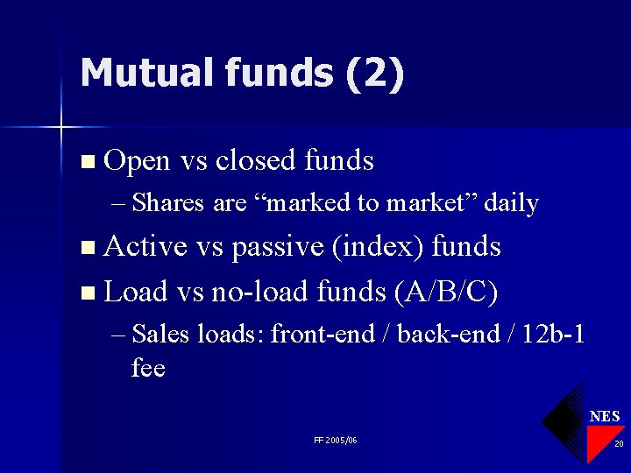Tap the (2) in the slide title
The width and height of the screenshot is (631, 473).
(x=374, y=74)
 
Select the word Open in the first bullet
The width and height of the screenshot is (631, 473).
(x=137, y=161)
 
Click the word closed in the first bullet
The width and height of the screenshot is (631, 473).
(x=256, y=161)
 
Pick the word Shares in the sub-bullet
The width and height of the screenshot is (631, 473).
(x=171, y=203)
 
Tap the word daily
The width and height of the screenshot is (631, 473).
(x=511, y=203)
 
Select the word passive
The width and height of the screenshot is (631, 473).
(x=278, y=247)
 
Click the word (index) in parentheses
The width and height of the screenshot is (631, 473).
(x=379, y=247)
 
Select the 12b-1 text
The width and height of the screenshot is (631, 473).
(x=553, y=334)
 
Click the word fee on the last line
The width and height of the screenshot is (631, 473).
(x=148, y=368)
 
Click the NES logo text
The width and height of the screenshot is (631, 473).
(x=604, y=416)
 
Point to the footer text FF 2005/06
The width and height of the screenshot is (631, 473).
(x=335, y=440)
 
